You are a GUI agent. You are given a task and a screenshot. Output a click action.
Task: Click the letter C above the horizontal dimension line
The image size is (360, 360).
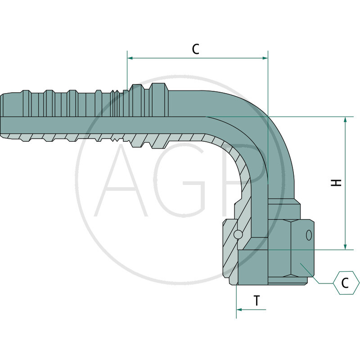(195, 49)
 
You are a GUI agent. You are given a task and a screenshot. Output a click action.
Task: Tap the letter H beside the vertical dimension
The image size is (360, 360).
(336, 183)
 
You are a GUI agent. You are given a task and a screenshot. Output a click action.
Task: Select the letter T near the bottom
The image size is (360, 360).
(256, 301)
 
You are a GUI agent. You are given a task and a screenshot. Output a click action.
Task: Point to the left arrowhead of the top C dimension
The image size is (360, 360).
(130, 58)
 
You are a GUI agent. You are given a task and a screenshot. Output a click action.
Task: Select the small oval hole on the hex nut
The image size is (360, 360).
(309, 234)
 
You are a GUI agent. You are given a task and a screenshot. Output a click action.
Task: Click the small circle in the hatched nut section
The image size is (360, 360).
(238, 234)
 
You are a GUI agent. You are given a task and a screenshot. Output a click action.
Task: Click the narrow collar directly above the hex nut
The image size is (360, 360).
(284, 209)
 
